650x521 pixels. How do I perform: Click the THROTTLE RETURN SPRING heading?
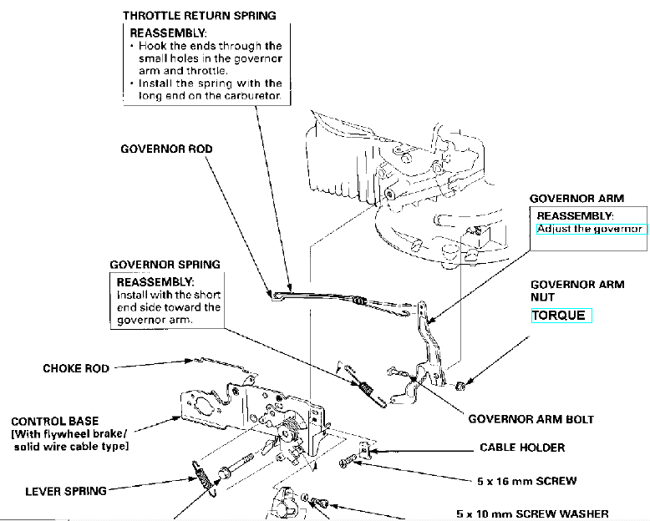coord(199,16)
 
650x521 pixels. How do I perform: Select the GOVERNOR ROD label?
coord(166,149)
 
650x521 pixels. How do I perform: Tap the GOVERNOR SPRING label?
coord(165,265)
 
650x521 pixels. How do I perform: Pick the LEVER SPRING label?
coord(65,491)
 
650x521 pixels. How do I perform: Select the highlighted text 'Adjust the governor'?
coord(590,229)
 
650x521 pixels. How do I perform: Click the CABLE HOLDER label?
coord(522,448)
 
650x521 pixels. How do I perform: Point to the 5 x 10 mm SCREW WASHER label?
coord(532,513)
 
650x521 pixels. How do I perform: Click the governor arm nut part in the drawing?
coord(460,385)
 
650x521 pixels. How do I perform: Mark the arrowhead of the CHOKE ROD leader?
coord(193,361)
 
